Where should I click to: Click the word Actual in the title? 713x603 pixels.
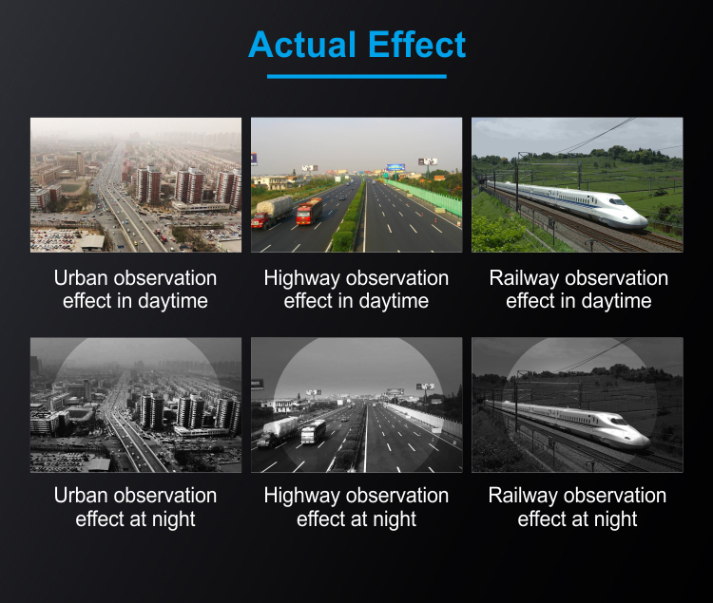coord(302,45)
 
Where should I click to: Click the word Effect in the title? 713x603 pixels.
coord(417,45)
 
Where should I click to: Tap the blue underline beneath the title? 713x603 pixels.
coord(356,76)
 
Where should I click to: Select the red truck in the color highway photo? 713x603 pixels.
coord(309,211)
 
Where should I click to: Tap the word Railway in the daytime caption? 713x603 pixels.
coord(524,279)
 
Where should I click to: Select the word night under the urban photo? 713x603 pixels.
coord(174,519)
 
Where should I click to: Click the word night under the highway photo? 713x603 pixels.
coord(395,519)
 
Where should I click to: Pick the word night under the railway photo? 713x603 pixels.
coord(616,519)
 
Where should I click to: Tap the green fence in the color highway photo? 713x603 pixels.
coord(425,198)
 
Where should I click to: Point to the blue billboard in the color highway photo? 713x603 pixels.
coord(395,167)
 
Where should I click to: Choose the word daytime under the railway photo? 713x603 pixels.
coord(616,301)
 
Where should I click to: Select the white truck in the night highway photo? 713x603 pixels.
coord(314,431)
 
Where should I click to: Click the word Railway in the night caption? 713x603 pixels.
coord(523,496)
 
